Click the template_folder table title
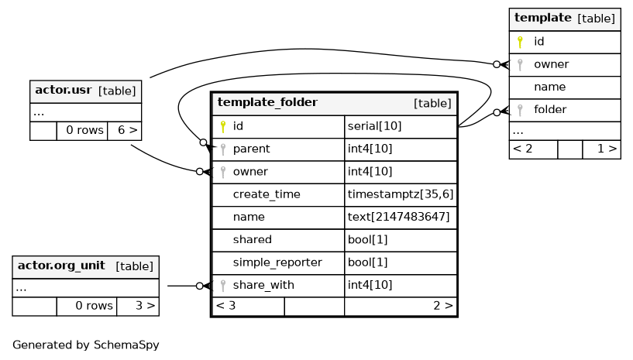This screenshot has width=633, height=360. coord(267,102)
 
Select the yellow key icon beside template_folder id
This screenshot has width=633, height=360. coord(223,126)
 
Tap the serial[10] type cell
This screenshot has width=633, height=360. coord(375,126)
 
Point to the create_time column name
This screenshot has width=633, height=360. coord(267,194)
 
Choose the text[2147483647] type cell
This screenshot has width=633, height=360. coord(398,217)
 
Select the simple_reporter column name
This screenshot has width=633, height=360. coord(277,262)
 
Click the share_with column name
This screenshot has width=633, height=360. coord(263,286)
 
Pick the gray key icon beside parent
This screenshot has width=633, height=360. coord(223,149)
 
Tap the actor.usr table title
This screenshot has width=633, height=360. coord(64,90)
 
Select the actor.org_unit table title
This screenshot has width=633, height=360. coord(61,266)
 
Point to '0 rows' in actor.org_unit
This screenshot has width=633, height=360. coord(94,306)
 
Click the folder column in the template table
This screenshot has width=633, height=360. coord(550,110)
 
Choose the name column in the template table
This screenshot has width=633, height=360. coord(549,87)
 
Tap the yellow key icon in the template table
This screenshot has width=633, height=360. coord(520,42)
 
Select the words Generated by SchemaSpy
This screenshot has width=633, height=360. coord(85,345)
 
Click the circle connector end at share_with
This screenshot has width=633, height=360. coord(199,286)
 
